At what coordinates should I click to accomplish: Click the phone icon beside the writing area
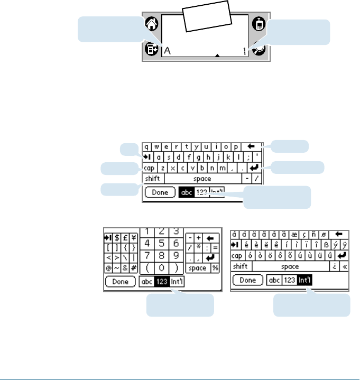258,24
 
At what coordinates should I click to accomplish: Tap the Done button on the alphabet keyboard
160,193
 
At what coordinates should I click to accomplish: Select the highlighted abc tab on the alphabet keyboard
187,193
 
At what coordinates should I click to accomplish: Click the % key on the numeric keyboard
215,268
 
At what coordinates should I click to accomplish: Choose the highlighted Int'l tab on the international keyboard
304,280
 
